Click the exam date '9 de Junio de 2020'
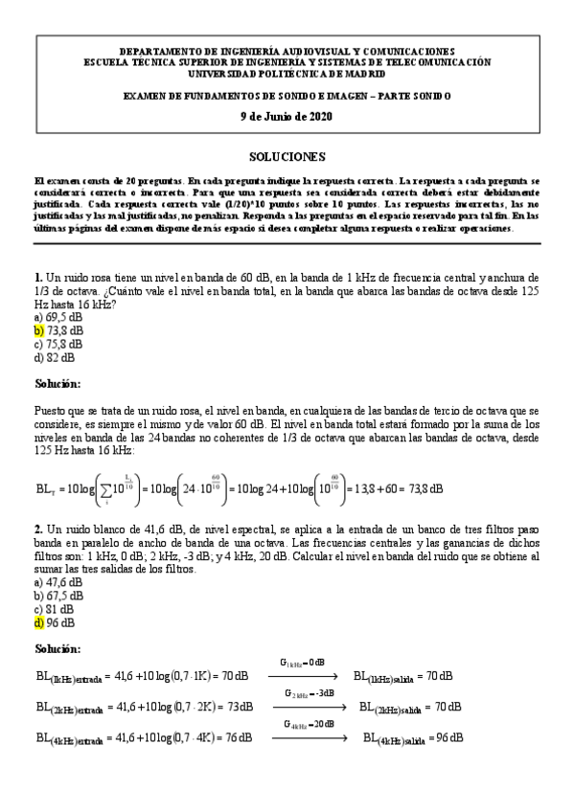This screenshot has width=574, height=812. pyautogui.click(x=287, y=116)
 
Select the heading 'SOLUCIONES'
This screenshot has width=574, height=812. pyautogui.click(x=287, y=156)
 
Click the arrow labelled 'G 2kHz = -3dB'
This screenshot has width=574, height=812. pyautogui.click(x=308, y=706)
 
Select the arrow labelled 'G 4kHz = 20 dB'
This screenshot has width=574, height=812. pyautogui.click(x=308, y=737)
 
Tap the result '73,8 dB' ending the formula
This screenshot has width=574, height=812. pyautogui.click(x=421, y=488)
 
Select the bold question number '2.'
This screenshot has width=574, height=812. pyautogui.click(x=38, y=528)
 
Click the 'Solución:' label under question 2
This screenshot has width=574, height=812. pyautogui.click(x=57, y=650)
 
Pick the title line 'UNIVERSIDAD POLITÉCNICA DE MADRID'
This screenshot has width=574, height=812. pyautogui.click(x=287, y=73)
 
